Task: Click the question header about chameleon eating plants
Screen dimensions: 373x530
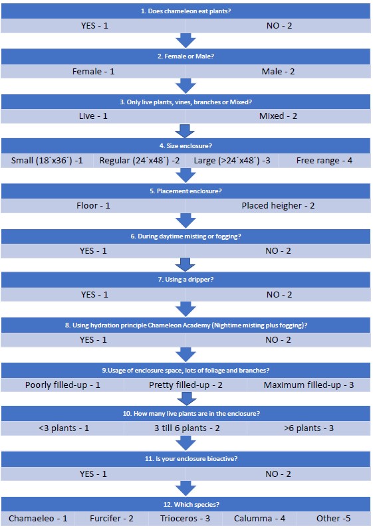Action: pos(186,11)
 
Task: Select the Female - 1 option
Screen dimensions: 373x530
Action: pos(94,71)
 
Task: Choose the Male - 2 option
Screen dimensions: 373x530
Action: pos(278,71)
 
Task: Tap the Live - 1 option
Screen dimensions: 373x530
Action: pos(93,116)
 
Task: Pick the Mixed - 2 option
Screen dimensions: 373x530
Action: pos(278,116)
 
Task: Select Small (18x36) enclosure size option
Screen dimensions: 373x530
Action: pos(47,160)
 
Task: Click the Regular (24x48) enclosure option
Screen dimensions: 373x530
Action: pos(140,160)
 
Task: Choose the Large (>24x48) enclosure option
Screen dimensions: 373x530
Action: pos(232,160)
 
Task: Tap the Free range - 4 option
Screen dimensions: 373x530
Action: pos(324,161)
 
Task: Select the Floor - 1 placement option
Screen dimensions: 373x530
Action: pos(93,205)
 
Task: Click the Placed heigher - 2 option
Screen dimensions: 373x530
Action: pos(278,205)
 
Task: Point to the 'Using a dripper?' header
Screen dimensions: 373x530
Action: pos(186,280)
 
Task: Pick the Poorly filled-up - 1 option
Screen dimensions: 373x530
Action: pos(62,385)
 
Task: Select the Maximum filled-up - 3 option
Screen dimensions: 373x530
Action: pos(309,385)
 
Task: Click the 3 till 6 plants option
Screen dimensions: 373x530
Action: pos(187,428)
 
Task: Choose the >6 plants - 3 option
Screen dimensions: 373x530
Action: pos(309,428)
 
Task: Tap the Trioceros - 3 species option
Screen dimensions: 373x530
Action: pos(185,518)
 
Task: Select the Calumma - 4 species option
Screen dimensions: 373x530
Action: pos(259,518)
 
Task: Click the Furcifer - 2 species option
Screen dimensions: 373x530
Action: pos(111,518)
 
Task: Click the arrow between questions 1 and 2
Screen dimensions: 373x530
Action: pos(186,41)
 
